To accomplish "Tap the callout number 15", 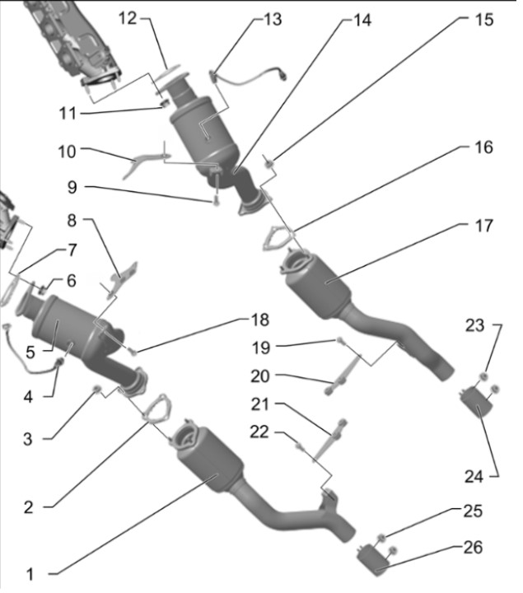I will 484,18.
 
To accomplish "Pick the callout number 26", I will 473,547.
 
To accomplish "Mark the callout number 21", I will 261,404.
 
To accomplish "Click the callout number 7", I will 72,248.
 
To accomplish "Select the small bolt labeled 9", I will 216,198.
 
